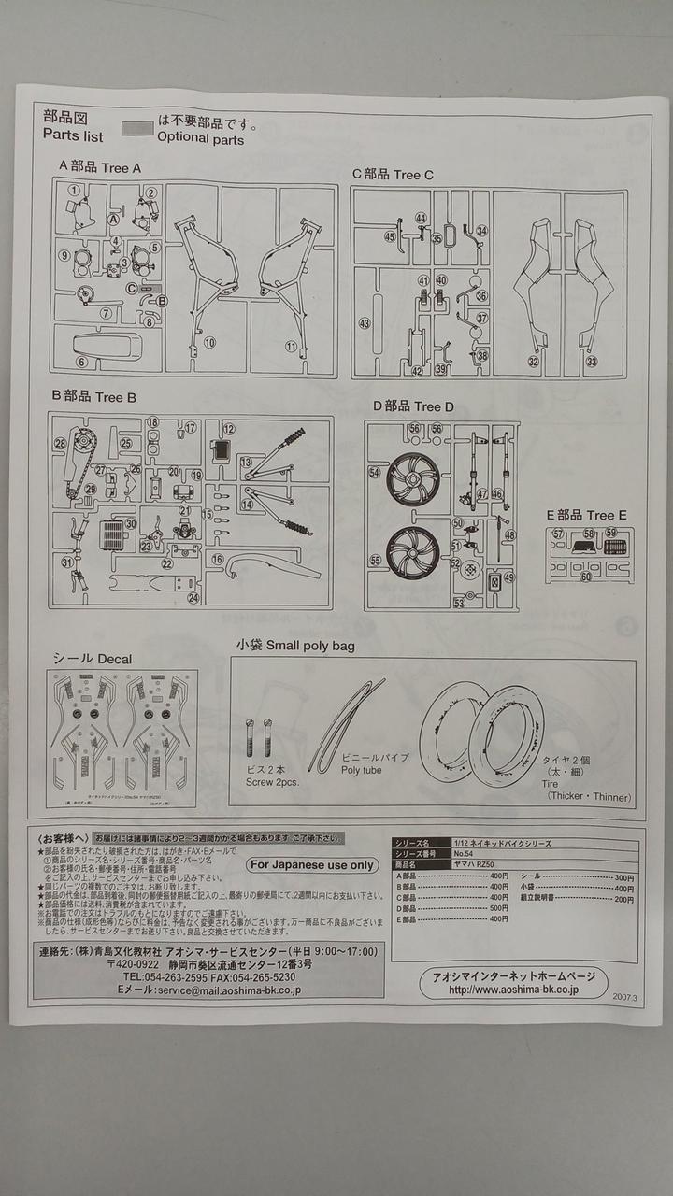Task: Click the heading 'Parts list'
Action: (x=73, y=135)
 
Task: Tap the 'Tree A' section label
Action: (x=120, y=167)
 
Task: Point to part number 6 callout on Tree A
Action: (x=81, y=363)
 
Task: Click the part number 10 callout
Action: (x=209, y=343)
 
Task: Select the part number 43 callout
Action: (x=365, y=323)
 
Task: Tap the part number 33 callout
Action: (x=591, y=362)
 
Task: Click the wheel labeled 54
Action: (x=412, y=480)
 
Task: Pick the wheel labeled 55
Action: (x=412, y=553)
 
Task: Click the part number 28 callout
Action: (x=60, y=444)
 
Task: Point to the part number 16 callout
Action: (x=216, y=559)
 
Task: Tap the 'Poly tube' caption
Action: (x=361, y=770)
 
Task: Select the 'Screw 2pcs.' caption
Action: (x=272, y=782)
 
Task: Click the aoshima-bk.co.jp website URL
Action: (x=513, y=990)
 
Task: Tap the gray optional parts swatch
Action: (x=137, y=126)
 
